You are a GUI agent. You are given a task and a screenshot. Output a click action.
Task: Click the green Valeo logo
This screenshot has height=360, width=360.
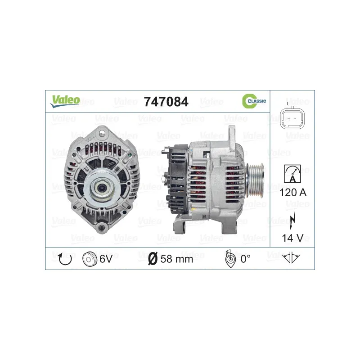click(65, 101)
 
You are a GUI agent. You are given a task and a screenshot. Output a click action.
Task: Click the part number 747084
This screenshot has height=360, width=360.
click(166, 102)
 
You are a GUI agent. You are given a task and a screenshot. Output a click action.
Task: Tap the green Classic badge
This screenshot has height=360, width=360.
click(254, 101)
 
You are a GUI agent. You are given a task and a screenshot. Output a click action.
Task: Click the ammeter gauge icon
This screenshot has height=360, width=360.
click(292, 174)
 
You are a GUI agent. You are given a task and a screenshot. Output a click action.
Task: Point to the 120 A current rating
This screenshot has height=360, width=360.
click(293, 193)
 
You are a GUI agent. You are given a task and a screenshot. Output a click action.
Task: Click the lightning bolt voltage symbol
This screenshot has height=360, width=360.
click(292, 219)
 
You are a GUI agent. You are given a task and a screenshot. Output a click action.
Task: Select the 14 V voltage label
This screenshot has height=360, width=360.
click(293, 238)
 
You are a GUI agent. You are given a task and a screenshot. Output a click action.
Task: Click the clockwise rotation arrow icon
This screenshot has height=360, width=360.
click(65, 259)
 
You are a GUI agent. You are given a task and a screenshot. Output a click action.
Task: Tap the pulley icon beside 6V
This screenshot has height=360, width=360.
click(89, 259)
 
